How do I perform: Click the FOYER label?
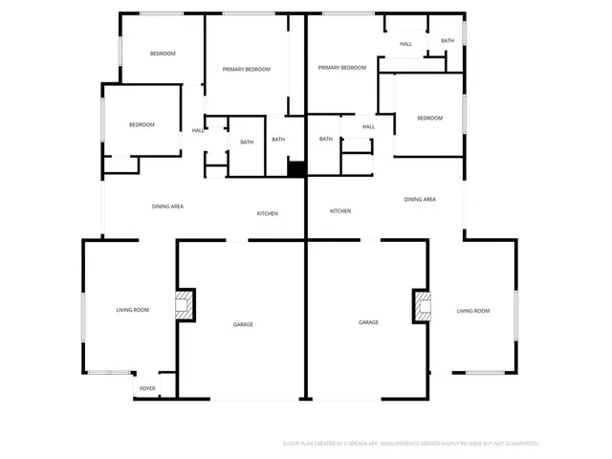pos(147,388)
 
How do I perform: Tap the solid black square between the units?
pos(296,168)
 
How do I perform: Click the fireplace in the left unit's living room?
pos(183,306)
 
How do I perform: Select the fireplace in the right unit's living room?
pos(421,306)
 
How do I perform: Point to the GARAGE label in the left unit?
pos(243,324)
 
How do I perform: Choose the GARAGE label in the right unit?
pos(368,322)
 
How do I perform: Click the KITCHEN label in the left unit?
pos(267,213)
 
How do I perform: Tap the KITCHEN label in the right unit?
pos(340,211)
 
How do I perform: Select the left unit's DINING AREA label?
pos(167,207)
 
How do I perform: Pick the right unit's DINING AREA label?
pos(420,199)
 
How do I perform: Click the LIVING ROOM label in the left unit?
pos(133,310)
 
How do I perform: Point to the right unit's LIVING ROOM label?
pos(472,311)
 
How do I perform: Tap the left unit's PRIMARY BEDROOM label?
pos(247,69)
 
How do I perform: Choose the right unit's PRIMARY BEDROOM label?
pos(342,68)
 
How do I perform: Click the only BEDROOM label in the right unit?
pos(429,118)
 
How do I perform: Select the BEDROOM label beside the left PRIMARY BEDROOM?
pos(163,54)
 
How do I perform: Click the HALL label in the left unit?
pos(198,130)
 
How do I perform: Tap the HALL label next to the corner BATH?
pos(406,44)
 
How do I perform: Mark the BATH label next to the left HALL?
pos(247,142)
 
